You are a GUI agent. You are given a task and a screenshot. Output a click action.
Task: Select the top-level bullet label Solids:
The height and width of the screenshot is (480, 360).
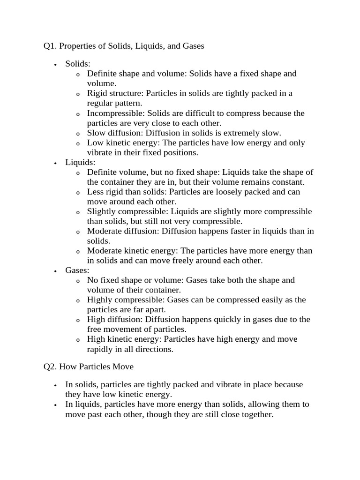pyautogui.click(x=78, y=64)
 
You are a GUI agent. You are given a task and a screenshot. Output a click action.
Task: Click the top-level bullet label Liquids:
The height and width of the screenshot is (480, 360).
pyautogui.click(x=80, y=163)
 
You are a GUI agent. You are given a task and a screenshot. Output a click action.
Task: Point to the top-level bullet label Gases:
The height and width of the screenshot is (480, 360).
pyautogui.click(x=77, y=270)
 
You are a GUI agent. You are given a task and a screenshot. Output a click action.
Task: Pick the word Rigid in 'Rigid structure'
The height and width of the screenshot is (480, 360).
pyautogui.click(x=97, y=93)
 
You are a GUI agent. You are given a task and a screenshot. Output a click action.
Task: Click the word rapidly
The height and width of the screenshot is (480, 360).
pyautogui.click(x=101, y=350)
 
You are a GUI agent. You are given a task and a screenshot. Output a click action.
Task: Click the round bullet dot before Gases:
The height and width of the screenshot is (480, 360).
pyautogui.click(x=55, y=271)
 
